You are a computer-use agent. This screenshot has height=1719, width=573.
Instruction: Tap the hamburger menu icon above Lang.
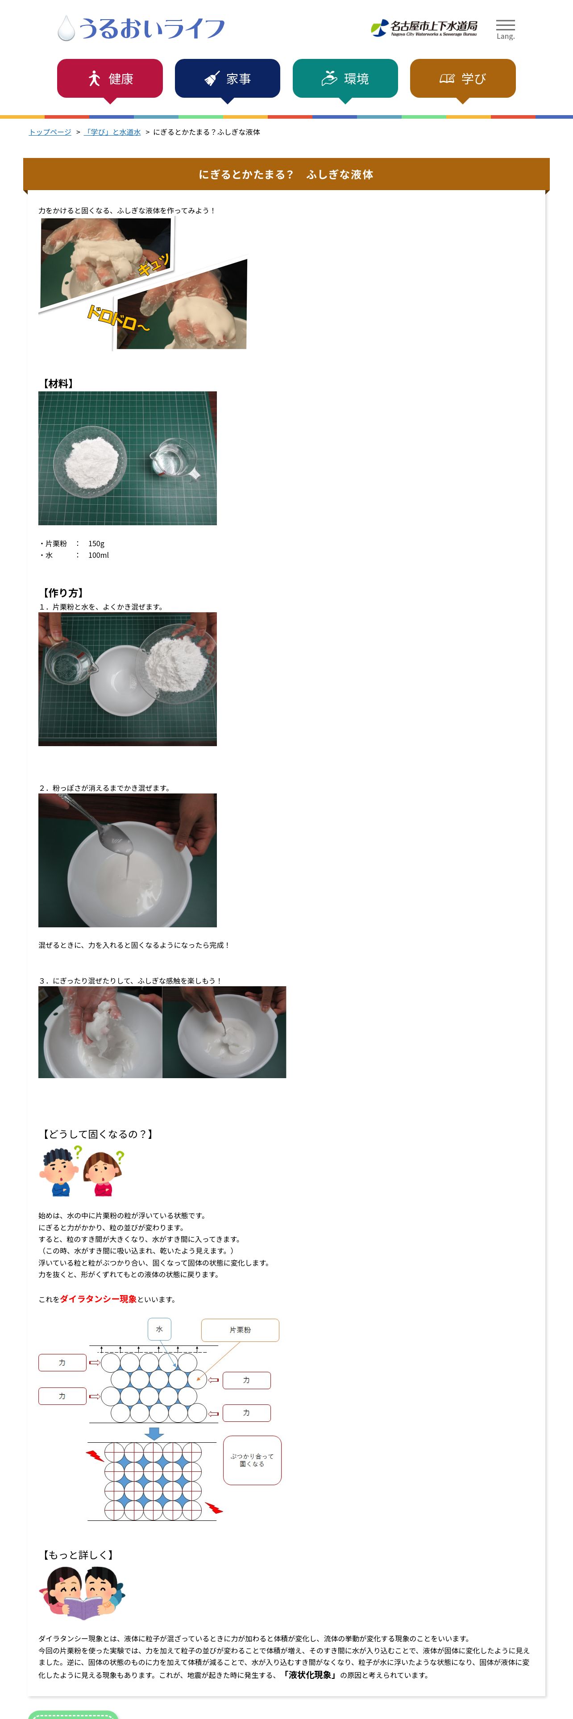pos(505,25)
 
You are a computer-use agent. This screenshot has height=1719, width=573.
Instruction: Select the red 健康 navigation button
pos(110,79)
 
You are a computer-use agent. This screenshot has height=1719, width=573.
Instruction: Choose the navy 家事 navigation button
pos(228,79)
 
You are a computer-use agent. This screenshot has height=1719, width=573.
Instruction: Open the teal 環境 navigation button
pos(345,79)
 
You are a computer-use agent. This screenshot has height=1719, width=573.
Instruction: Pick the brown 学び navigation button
pos(462,79)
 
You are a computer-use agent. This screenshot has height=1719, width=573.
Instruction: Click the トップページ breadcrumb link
pos(50,132)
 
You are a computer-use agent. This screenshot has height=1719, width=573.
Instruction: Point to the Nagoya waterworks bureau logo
pos(424,28)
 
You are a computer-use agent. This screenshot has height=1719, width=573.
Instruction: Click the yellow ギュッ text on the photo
pos(154,264)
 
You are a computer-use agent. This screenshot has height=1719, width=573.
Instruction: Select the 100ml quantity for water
pos(99,555)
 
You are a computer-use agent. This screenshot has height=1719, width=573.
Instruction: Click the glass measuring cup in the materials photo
pos(174,459)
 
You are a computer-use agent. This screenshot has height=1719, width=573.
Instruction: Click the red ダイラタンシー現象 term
pos(98,1299)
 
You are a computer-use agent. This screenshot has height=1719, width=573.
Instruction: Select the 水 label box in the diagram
pos(159,1329)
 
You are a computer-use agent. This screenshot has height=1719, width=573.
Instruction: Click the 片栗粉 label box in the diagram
pos(240,1330)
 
